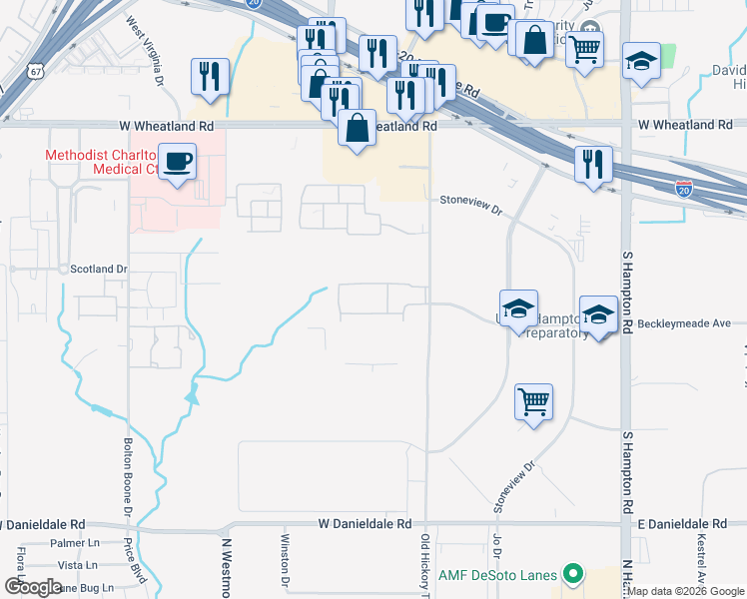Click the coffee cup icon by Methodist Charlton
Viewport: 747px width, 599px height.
178,162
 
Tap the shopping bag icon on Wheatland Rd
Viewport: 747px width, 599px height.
357,128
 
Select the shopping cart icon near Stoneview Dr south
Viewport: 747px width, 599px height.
533,402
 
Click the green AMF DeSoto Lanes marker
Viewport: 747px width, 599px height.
571,575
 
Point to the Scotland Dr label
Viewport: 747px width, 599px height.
99,270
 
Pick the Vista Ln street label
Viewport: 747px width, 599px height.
77,565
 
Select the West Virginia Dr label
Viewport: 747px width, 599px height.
144,50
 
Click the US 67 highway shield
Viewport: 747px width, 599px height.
8,74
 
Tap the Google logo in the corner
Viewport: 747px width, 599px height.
32,587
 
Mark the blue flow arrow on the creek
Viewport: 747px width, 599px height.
191,398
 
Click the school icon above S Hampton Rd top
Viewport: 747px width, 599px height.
641,60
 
